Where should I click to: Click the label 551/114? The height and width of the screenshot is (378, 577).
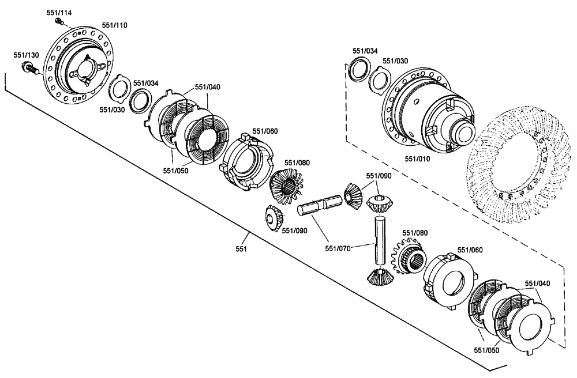59,12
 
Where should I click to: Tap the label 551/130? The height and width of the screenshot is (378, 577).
27,55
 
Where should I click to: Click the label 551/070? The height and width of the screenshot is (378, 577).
337,249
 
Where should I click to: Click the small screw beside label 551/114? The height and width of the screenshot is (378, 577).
59,21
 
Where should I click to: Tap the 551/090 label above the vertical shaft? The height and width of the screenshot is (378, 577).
379,175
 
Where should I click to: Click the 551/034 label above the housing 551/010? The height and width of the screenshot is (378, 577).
365,51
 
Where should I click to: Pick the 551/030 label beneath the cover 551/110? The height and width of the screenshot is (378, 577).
111,109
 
